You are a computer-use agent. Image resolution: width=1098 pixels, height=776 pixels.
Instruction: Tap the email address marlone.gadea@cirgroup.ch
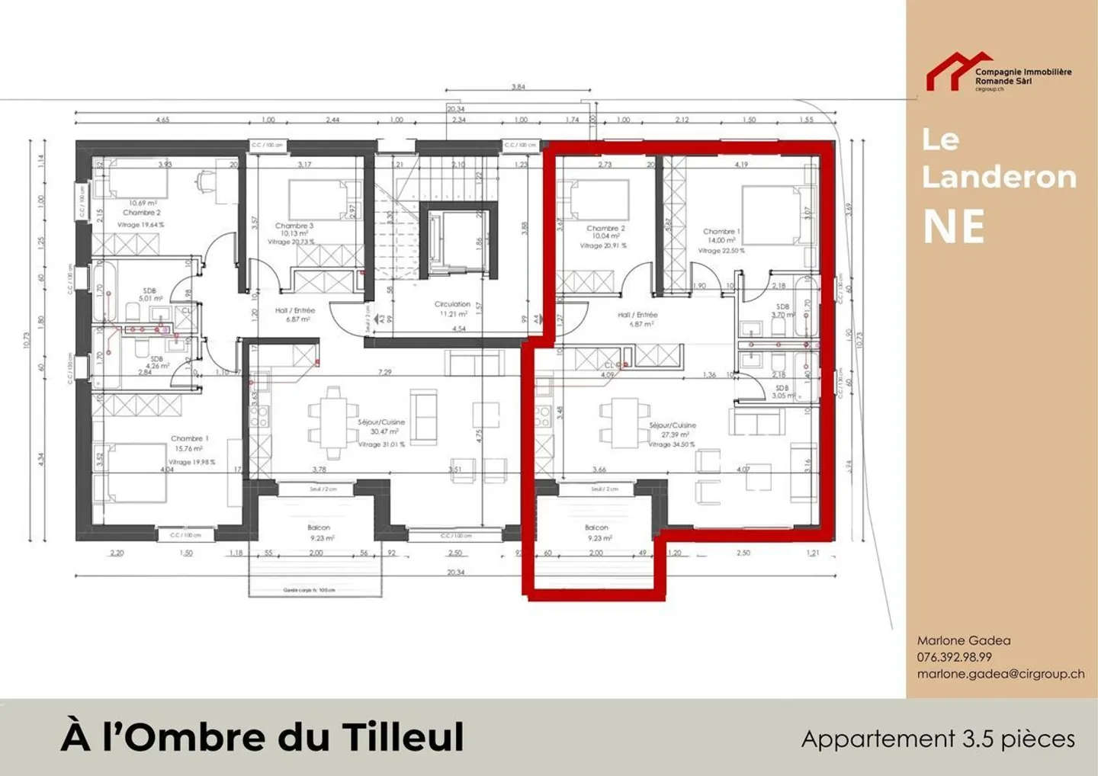[1000, 674]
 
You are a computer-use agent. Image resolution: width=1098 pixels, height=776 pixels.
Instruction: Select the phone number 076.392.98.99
[954, 657]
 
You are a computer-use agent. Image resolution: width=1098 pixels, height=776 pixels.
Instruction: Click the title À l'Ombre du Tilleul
[262, 736]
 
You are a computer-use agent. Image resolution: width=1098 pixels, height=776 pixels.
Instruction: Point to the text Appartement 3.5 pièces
[938, 739]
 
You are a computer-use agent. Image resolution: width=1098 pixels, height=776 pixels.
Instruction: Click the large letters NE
[953, 226]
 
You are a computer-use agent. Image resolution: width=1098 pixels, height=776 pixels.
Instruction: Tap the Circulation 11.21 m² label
[452, 309]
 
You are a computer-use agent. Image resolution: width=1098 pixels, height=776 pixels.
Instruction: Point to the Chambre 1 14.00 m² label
[721, 236]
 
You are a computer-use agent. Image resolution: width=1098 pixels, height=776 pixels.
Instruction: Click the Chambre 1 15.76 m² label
[189, 444]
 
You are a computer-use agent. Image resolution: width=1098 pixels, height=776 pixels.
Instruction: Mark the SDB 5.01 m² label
[149, 294]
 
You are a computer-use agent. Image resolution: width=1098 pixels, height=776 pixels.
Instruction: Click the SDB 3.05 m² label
[783, 392]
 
